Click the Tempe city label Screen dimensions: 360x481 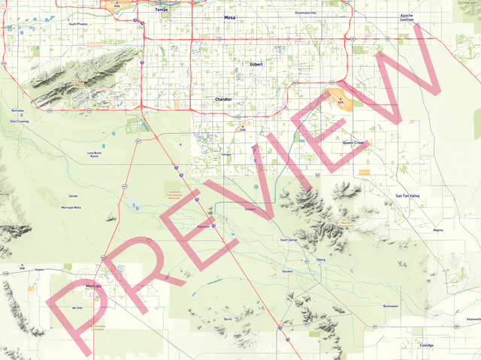point(162,10)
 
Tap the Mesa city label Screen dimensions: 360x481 point(229,17)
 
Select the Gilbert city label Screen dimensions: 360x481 point(256,65)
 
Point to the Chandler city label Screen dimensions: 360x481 point(223,99)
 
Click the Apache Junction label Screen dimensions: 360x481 point(407,17)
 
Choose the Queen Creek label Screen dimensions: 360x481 point(352,142)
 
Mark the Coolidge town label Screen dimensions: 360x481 point(427,345)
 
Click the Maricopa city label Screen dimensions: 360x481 point(93,286)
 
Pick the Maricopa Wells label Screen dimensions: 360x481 point(71,207)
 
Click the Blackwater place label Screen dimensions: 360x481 point(391,306)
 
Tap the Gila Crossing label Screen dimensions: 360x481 point(20,120)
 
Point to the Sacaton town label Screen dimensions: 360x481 point(287,271)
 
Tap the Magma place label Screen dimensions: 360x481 point(438,230)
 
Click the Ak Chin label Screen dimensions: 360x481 point(77,307)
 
